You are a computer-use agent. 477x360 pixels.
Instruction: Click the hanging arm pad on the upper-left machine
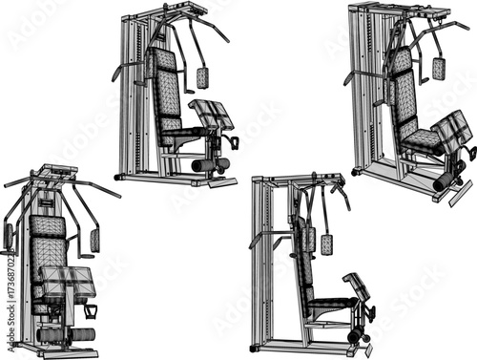202,77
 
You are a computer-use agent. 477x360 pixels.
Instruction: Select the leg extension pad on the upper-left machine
213,115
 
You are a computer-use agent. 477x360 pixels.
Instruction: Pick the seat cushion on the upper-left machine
180,138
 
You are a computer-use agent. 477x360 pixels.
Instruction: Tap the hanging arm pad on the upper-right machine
438,68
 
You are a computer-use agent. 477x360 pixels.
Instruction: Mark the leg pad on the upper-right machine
449,130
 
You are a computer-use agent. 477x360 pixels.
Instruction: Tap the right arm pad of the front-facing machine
94,240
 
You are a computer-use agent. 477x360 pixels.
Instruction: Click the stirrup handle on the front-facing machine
91,310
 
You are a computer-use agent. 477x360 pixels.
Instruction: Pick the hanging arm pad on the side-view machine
326,244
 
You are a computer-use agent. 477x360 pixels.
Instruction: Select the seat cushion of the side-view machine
330,303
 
